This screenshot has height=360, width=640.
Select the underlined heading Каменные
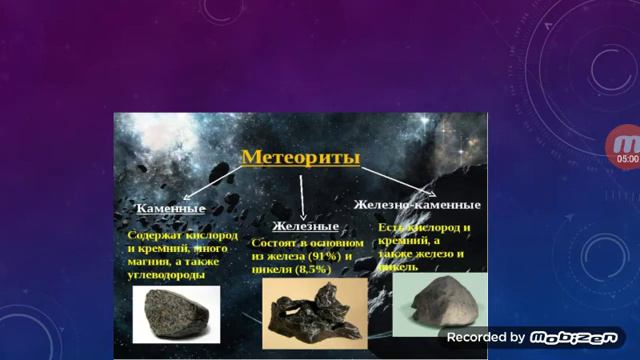(x=170, y=209)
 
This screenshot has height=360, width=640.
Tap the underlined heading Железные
(x=301, y=228)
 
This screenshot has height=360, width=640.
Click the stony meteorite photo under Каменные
(x=171, y=313)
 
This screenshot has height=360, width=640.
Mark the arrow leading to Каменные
(x=199, y=185)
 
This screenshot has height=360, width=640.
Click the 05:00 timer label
(x=627, y=159)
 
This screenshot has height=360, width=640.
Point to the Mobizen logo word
(x=573, y=337)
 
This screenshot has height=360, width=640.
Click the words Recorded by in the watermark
(x=486, y=337)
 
